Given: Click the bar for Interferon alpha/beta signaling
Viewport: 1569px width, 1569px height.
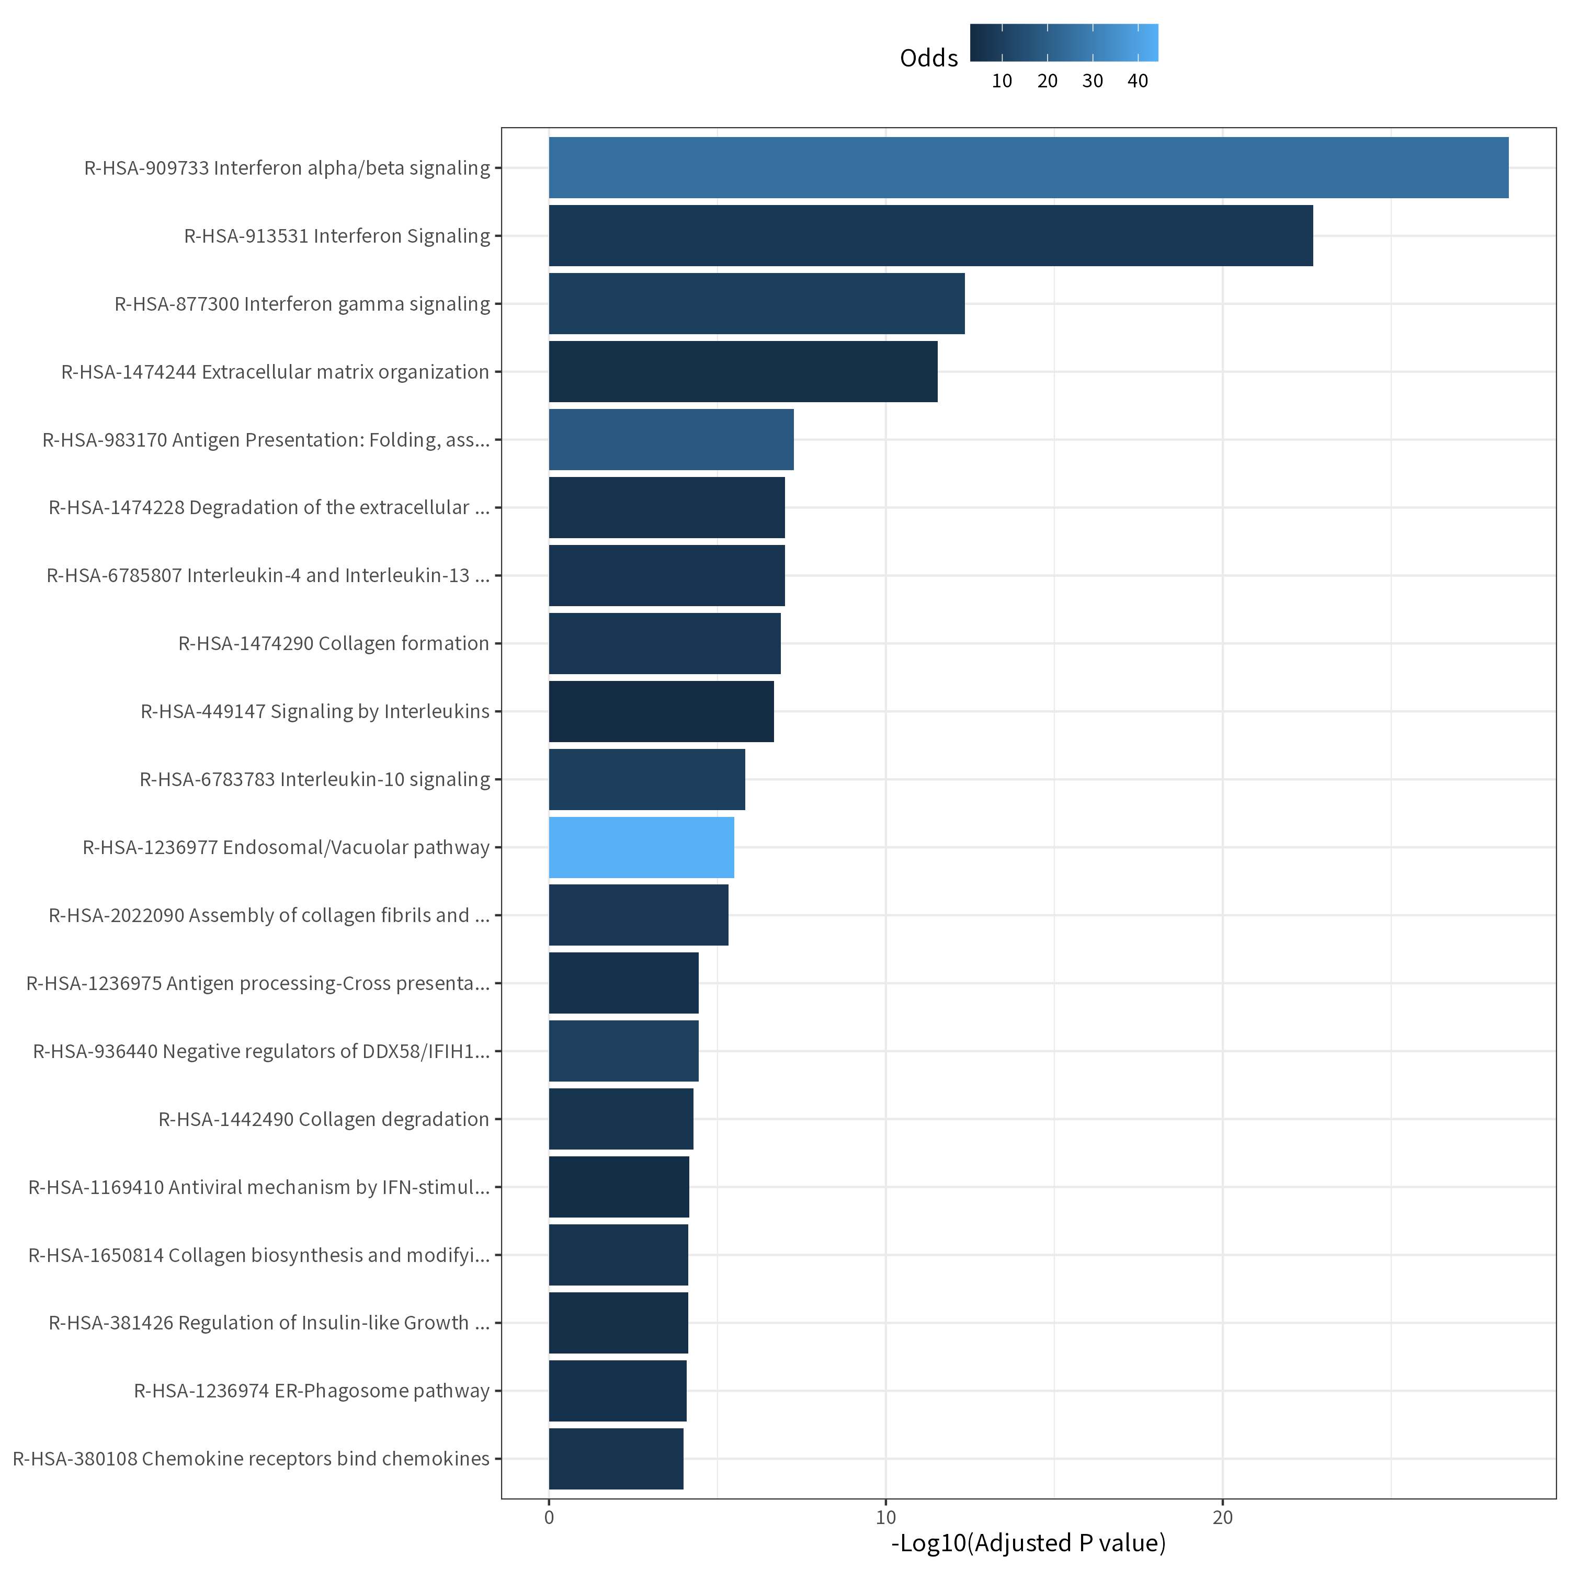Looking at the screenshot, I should tap(1028, 167).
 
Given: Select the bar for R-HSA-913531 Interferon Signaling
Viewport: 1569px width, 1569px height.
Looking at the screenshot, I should tap(931, 235).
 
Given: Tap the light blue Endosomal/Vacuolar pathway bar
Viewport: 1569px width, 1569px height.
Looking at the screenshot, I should tap(642, 847).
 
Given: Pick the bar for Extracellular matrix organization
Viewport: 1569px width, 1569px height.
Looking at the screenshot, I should tap(743, 371).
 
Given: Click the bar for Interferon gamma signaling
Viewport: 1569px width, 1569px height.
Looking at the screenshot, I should tap(757, 304).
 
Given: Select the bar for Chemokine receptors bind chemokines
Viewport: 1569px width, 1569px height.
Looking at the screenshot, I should tap(617, 1459).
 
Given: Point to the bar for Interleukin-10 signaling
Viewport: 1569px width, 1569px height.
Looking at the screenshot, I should tap(647, 780).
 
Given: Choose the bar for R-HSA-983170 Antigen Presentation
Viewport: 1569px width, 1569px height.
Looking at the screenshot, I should tap(672, 439).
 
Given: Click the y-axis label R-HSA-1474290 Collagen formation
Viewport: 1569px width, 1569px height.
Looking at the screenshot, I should tap(334, 643).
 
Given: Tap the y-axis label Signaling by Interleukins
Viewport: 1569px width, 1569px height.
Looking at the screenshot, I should tap(315, 711).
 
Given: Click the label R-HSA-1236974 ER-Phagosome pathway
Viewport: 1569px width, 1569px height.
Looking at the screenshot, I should tap(312, 1391).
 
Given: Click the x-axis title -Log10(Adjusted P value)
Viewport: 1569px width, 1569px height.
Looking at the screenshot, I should tap(1028, 1543).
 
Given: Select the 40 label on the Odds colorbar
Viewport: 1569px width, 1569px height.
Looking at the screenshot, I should tap(1138, 81).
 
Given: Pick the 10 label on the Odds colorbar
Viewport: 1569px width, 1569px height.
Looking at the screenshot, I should tap(1002, 81).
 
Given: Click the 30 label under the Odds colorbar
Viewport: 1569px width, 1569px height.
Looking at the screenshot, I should tap(1093, 81).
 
